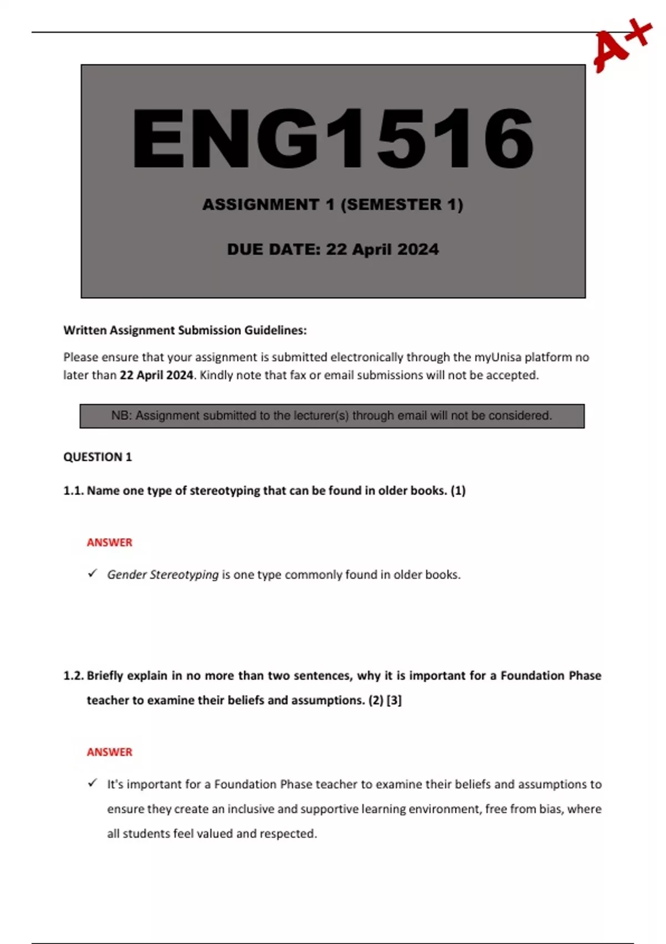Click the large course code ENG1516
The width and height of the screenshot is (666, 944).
point(333,139)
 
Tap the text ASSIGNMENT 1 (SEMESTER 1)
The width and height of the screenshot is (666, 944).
point(332,204)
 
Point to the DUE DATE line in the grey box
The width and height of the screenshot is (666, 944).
point(332,249)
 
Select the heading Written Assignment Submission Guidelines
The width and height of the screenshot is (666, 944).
point(185,330)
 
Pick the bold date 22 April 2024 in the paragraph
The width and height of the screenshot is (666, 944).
point(156,375)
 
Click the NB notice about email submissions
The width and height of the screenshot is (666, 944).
point(332,416)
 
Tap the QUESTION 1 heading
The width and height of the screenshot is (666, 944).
point(98,457)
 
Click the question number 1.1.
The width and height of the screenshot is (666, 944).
point(73,491)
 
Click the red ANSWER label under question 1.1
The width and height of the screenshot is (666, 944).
point(109,543)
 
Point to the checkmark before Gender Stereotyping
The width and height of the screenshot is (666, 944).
point(93,574)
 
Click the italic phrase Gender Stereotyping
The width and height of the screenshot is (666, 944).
point(163,575)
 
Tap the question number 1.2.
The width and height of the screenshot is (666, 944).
point(73,676)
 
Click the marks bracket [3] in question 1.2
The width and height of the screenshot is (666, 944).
point(393,700)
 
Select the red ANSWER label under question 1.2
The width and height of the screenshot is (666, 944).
point(109,752)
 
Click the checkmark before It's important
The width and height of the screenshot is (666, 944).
point(93,784)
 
